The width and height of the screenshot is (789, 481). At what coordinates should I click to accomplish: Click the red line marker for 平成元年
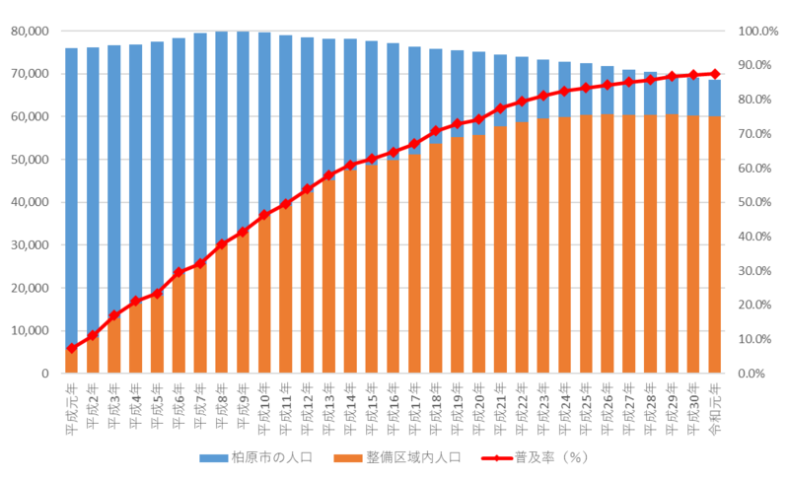click(72, 348)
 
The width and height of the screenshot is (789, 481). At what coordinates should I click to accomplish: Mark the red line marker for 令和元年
click(715, 74)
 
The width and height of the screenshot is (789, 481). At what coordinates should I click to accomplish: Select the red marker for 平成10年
click(264, 215)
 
